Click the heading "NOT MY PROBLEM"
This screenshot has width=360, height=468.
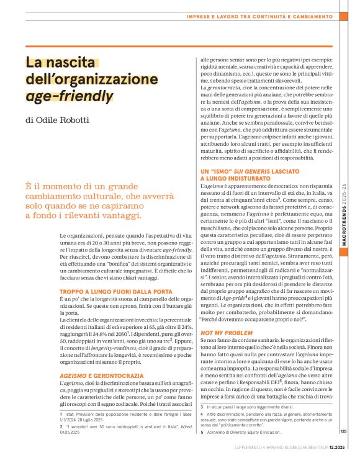tap(218, 333)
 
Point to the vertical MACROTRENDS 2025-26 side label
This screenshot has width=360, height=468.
tap(344, 198)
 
